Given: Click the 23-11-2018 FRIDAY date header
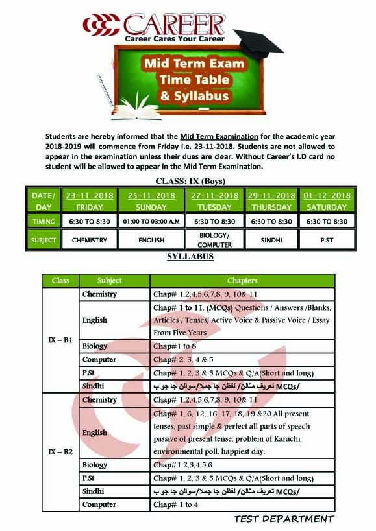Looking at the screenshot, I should click(90, 201).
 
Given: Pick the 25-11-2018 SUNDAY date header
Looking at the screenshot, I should click(151, 201).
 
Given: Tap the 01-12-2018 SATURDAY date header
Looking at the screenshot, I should click(327, 201).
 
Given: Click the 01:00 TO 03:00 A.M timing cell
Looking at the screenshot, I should click(151, 222).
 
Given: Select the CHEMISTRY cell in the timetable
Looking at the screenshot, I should click(90, 240).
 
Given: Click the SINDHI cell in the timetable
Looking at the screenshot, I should click(271, 240).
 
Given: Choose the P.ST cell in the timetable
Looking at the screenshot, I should click(327, 240).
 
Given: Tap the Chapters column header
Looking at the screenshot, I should click(242, 281).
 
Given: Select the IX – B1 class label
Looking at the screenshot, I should click(60, 340).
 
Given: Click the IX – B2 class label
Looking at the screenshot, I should click(60, 452).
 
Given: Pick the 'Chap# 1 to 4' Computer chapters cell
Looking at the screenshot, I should click(176, 504).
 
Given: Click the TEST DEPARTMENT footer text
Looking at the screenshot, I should click(284, 519).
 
